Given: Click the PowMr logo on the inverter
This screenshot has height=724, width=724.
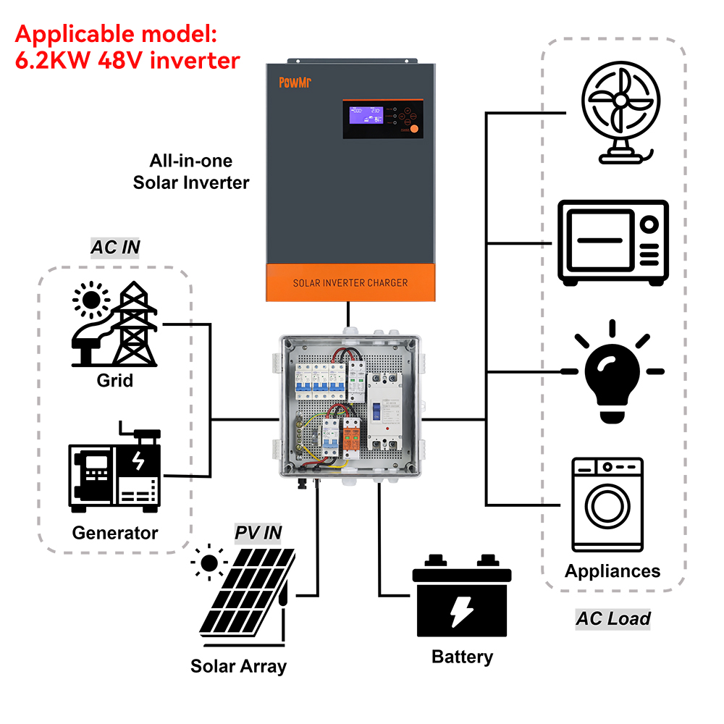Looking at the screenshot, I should tap(293, 82).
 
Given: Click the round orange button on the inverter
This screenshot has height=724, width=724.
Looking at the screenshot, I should tap(415, 130).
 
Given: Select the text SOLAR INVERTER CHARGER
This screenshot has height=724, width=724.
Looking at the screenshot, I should tap(350, 282).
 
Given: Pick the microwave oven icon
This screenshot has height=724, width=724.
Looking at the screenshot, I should tap(613, 242).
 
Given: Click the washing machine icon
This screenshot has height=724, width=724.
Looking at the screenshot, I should tap(607, 504).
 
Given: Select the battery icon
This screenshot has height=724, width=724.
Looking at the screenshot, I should tap(461, 600).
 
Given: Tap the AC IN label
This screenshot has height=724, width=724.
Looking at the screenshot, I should tap(115, 248).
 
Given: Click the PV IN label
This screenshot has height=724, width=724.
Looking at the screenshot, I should tap(258, 533).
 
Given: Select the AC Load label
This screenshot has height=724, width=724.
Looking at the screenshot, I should tap(613, 618).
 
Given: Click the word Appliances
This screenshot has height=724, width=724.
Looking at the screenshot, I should tap(613, 571).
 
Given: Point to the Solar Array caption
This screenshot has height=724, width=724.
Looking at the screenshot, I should tap(238, 665).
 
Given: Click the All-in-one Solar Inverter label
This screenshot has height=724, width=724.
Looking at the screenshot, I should tap(190, 172).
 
